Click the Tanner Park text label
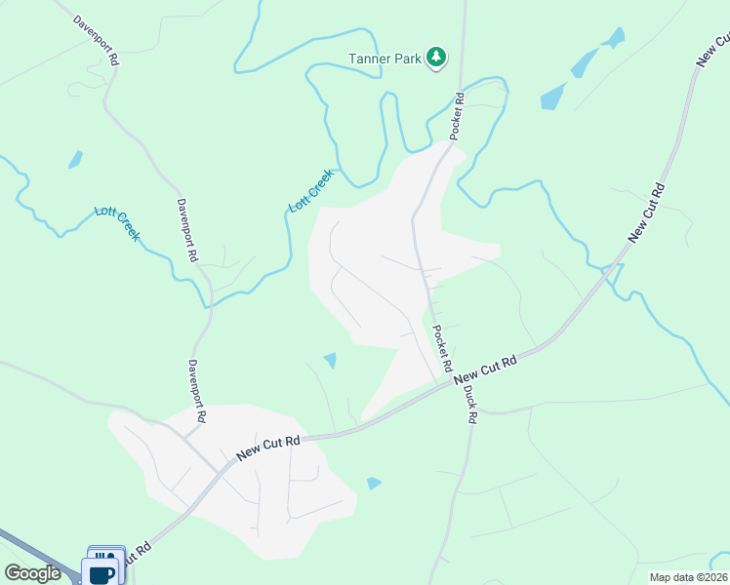pyautogui.click(x=385, y=58)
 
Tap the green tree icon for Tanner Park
pyautogui.click(x=436, y=58)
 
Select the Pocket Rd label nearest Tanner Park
pyautogui.click(x=458, y=114)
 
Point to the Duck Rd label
pyautogui.click(x=469, y=402)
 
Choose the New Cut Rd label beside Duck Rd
pyautogui.click(x=484, y=370)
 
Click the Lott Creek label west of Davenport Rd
pyautogui.click(x=117, y=223)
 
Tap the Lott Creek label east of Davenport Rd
pyautogui.click(x=311, y=191)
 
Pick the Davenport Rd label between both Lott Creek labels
pyautogui.click(x=186, y=230)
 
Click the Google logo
pyautogui.click(x=32, y=573)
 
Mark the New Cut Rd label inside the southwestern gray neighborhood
pyautogui.click(x=268, y=448)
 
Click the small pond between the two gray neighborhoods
pyautogui.click(x=330, y=360)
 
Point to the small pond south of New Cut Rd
pyautogui.click(x=374, y=483)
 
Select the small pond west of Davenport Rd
pyautogui.click(x=75, y=159)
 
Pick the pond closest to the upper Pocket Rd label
pyautogui.click(x=553, y=96)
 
